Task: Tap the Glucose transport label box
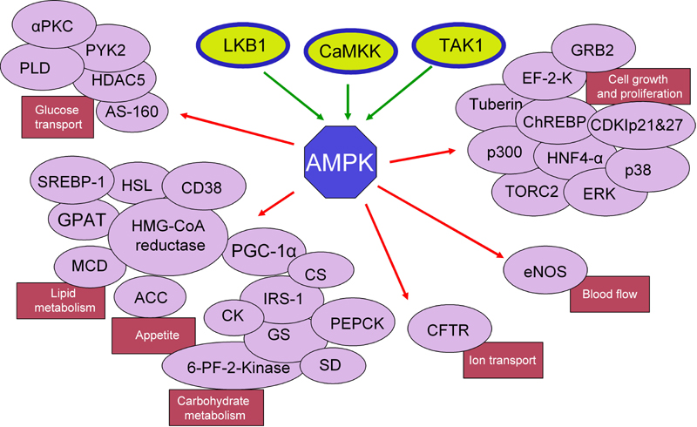pos(58,119)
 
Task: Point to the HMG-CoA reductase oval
pos(167,235)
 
